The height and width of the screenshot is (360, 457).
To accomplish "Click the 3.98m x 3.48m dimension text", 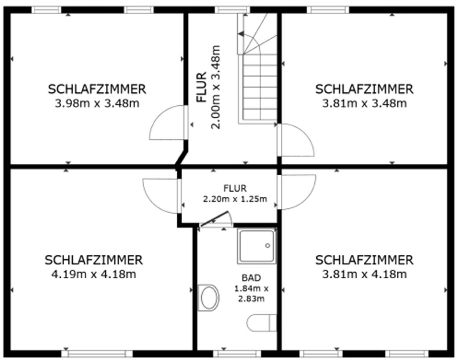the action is pyautogui.click(x=97, y=103).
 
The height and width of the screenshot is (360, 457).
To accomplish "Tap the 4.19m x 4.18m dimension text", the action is pyautogui.click(x=94, y=274).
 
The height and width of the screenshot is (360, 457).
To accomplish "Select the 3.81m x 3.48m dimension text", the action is pyautogui.click(x=364, y=103).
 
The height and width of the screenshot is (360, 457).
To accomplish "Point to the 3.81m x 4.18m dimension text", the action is pyautogui.click(x=364, y=274).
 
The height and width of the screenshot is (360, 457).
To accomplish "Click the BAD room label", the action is pyautogui.click(x=251, y=278).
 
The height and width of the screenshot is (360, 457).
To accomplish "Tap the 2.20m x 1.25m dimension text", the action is pyautogui.click(x=235, y=199).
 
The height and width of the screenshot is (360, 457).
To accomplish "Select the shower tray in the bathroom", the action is pyautogui.click(x=257, y=246).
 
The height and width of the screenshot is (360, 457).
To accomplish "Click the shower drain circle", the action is pyautogui.click(x=268, y=246).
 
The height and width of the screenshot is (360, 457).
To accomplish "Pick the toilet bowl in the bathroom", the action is pyautogui.click(x=209, y=298).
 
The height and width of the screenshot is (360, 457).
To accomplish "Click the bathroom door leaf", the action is pyautogui.click(x=214, y=219).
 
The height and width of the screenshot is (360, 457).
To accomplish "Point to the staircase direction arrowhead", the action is pyautogui.click(x=241, y=34).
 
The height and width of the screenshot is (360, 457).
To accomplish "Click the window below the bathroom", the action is pyautogui.click(x=237, y=354).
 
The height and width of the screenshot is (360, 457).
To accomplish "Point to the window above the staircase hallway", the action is pyautogui.click(x=233, y=10).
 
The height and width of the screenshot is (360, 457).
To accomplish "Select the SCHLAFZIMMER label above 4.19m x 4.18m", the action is pyautogui.click(x=94, y=260).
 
